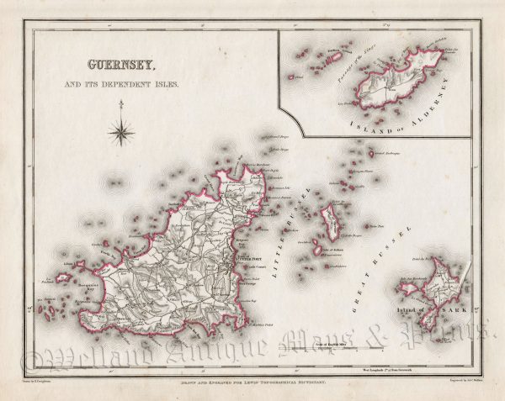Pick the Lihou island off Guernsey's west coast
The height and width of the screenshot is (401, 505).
point(64,277)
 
